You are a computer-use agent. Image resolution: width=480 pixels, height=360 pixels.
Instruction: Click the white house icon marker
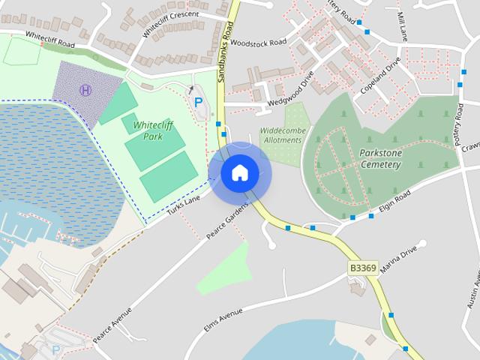click(x=239, y=173)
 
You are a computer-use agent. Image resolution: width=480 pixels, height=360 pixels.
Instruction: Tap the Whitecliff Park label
click(x=148, y=131)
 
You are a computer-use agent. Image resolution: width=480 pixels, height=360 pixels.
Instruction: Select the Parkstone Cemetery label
click(x=385, y=158)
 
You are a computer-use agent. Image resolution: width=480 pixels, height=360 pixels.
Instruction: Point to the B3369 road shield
click(x=363, y=268)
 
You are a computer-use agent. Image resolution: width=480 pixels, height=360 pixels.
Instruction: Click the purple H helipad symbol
click(x=85, y=91)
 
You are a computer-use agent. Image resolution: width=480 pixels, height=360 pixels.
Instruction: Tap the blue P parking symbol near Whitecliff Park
click(x=198, y=102)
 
